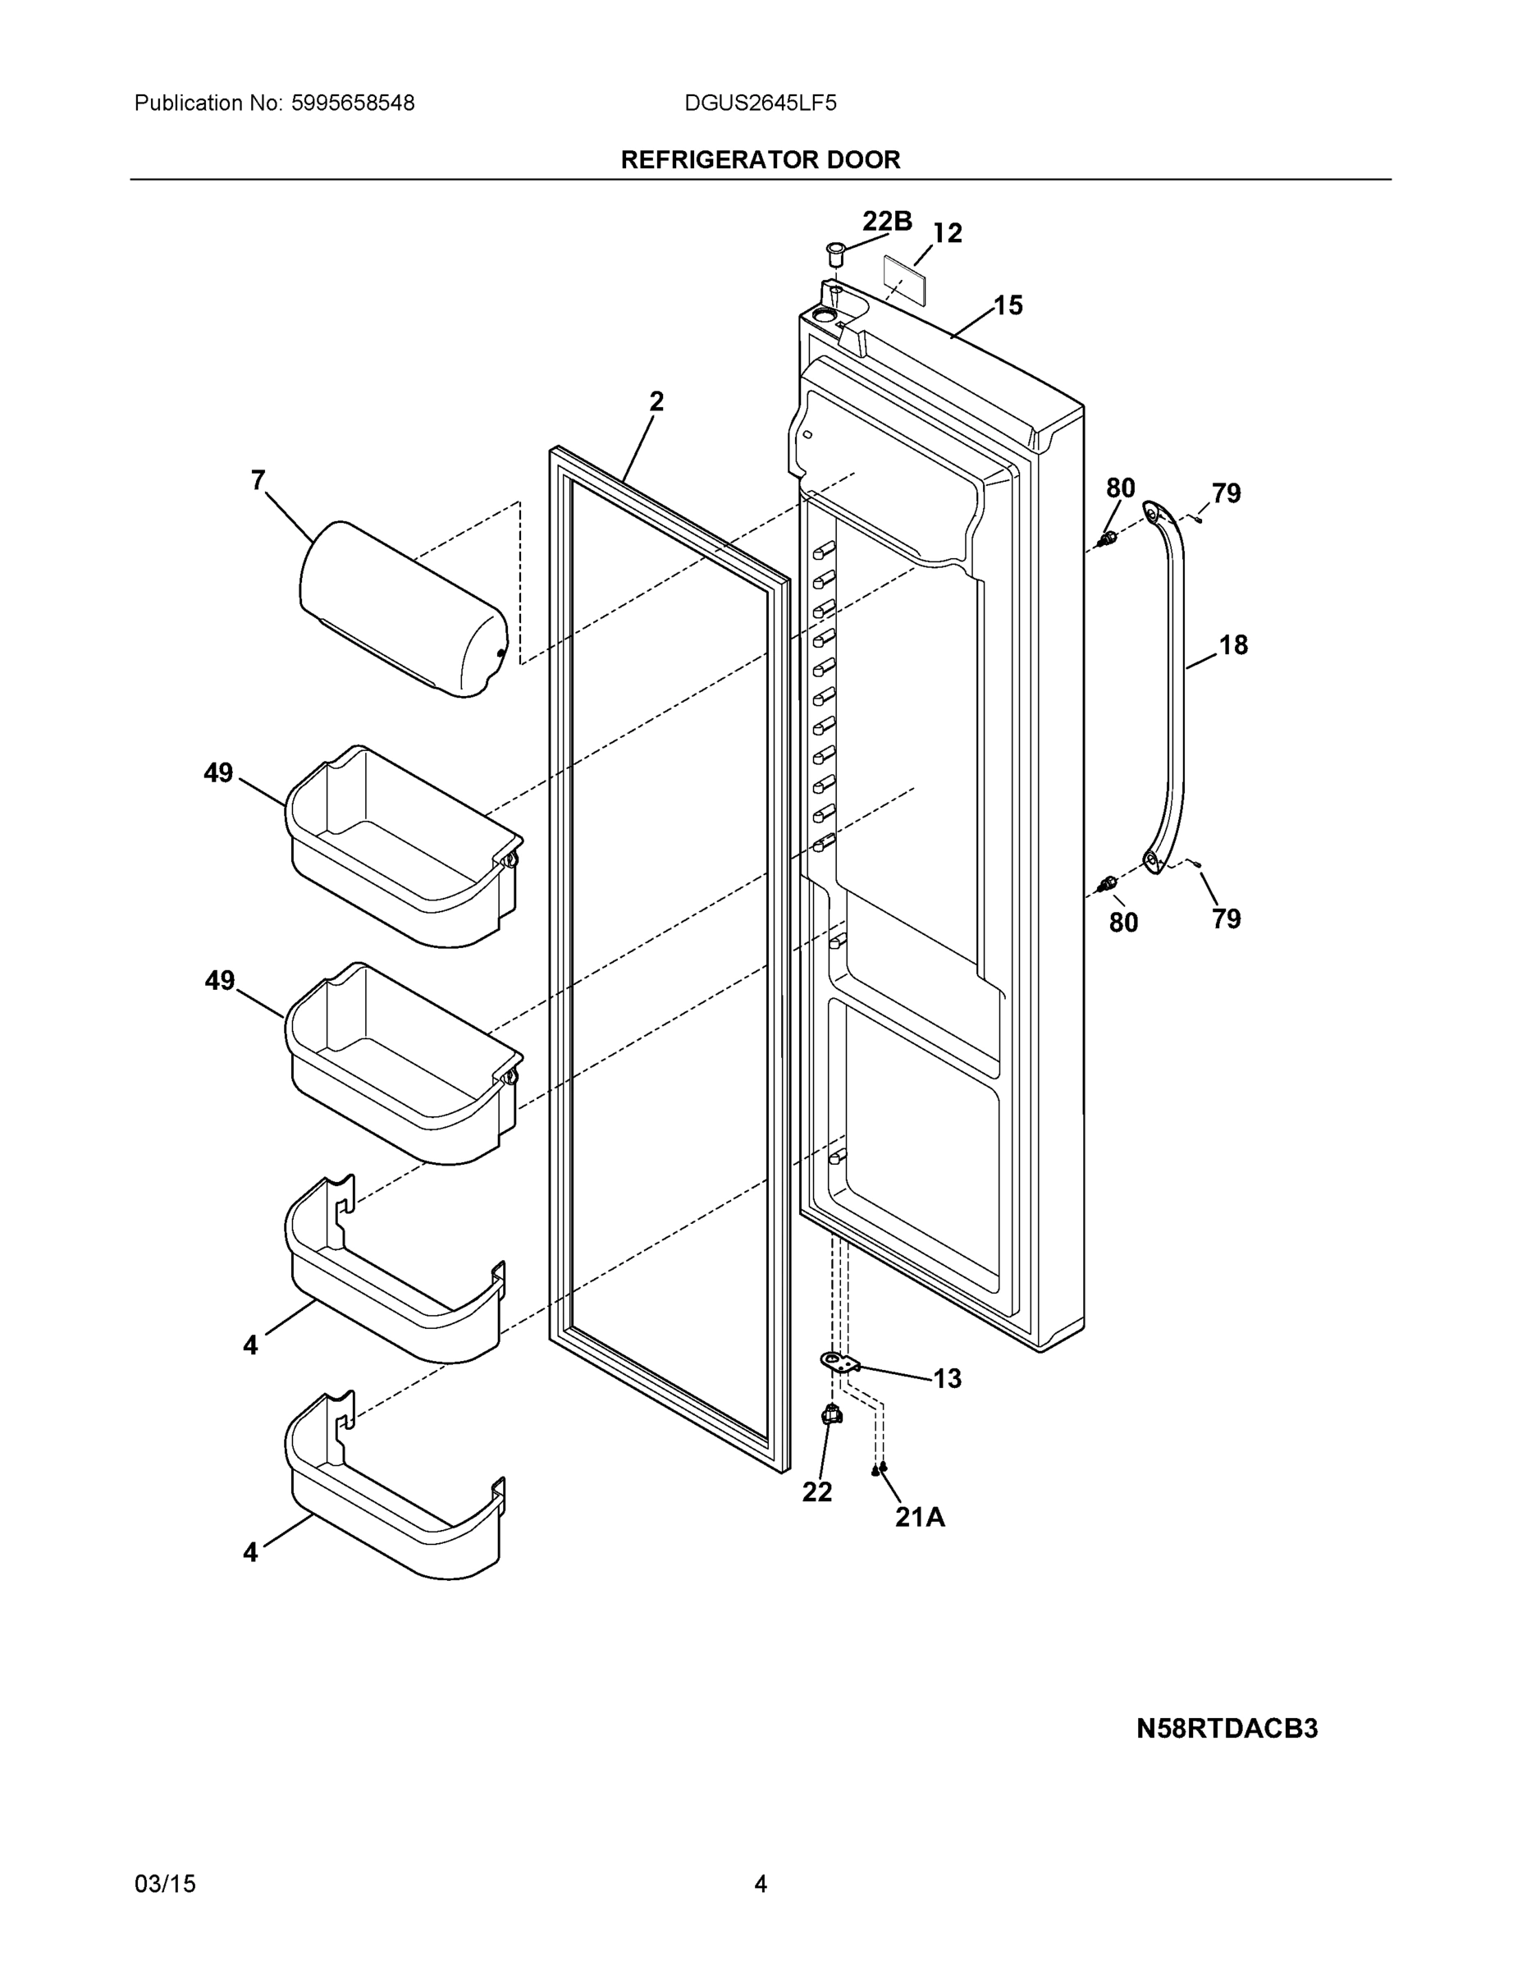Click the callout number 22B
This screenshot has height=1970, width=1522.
[886, 221]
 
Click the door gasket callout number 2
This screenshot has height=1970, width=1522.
[656, 401]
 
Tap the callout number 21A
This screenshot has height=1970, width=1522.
[920, 1517]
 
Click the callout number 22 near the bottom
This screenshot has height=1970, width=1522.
[817, 1492]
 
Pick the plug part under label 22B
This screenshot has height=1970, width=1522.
[836, 252]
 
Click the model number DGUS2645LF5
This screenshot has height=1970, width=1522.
[759, 103]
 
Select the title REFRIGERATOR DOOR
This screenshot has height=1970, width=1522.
[760, 161]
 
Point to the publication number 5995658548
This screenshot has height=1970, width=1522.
[353, 103]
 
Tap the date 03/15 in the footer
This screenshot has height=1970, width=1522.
[165, 1884]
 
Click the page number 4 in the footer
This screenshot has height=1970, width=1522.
[760, 1884]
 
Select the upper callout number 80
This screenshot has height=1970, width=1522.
[1120, 488]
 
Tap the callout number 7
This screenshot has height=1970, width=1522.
[258, 481]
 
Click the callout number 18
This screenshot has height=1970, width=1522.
[1232, 645]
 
